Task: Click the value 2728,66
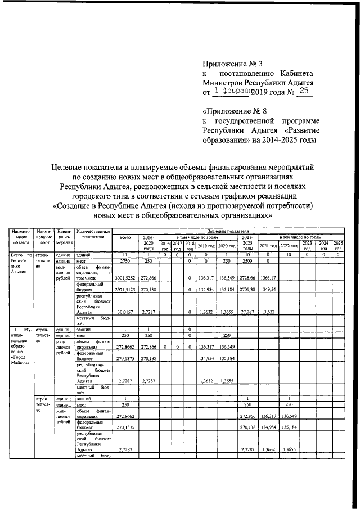(x=247, y=277)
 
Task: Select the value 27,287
(x=247, y=312)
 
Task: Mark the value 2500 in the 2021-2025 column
(x=247, y=261)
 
